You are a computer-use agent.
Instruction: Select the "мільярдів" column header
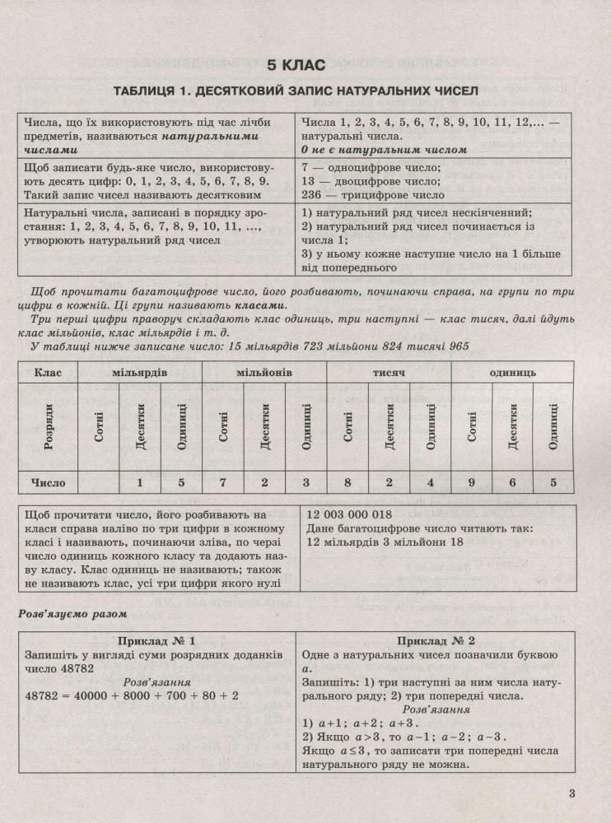pyautogui.click(x=142, y=373)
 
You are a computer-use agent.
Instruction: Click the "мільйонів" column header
pyautogui.click(x=265, y=373)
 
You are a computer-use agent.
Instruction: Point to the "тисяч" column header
pyautogui.click(x=389, y=373)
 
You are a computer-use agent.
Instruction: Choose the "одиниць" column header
pyautogui.click(x=512, y=373)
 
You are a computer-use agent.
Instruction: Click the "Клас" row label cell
pyautogui.click(x=48, y=373)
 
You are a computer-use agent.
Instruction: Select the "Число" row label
pyautogui.click(x=48, y=483)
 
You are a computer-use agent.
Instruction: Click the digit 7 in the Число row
pyautogui.click(x=223, y=483)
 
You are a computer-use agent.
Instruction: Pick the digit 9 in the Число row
pyautogui.click(x=472, y=483)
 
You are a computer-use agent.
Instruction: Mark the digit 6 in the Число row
pyautogui.click(x=513, y=483)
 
